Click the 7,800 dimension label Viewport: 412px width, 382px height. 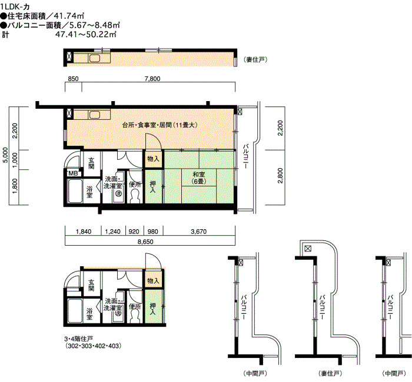coord(152,79)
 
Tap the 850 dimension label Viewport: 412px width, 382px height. coord(73,79)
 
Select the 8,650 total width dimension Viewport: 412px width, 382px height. coord(145,242)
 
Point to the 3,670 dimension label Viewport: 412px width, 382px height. coord(199,232)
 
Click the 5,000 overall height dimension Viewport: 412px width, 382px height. coord(5,155)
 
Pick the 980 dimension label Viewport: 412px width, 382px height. coord(153,232)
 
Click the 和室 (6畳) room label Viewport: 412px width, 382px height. coord(199,177)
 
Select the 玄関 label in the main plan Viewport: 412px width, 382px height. coord(91,163)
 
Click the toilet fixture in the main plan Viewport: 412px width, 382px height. coord(135,196)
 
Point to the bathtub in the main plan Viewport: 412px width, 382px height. coord(75,191)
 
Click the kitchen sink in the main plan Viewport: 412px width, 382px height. coord(94,115)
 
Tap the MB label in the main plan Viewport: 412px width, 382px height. coord(73,173)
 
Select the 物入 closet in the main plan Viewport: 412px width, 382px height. coord(153,159)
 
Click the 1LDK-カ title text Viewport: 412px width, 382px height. coord(15,6)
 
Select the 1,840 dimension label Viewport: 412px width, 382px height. coord(84,232)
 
